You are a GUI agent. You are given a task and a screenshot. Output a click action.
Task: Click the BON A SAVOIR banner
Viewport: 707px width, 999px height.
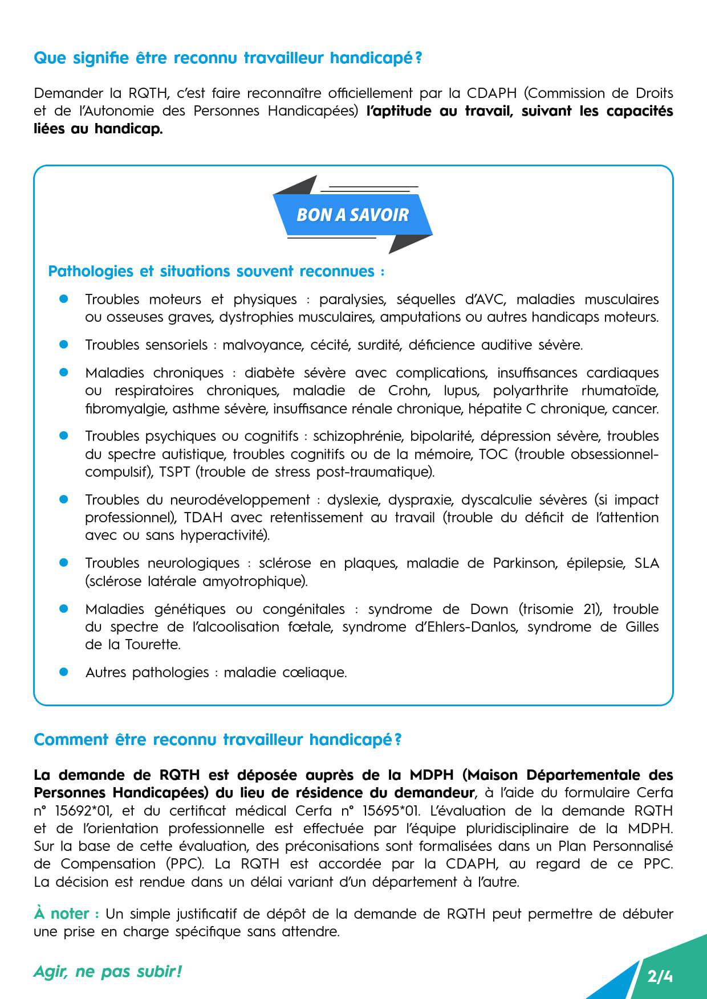[x=352, y=215]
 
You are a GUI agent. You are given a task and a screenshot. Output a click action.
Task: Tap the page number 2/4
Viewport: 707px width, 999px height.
[x=660, y=977]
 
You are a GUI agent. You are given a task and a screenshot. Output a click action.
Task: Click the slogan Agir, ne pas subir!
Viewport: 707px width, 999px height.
[x=107, y=971]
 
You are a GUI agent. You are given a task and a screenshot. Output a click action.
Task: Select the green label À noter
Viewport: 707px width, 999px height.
[x=66, y=914]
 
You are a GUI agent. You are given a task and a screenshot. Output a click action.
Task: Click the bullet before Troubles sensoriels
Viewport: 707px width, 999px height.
[x=64, y=345]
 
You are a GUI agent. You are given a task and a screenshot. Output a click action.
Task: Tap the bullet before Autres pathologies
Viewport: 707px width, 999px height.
[x=64, y=672]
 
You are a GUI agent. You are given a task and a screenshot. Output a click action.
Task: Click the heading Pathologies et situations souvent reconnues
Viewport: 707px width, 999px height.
[x=216, y=271]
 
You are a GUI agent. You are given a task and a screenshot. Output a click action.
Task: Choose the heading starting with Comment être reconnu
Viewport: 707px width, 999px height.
[x=218, y=739]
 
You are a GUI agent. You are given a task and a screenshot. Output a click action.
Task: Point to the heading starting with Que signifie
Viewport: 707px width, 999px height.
[x=227, y=58]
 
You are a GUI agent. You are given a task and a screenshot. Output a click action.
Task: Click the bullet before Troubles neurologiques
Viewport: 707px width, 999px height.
[x=64, y=563]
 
